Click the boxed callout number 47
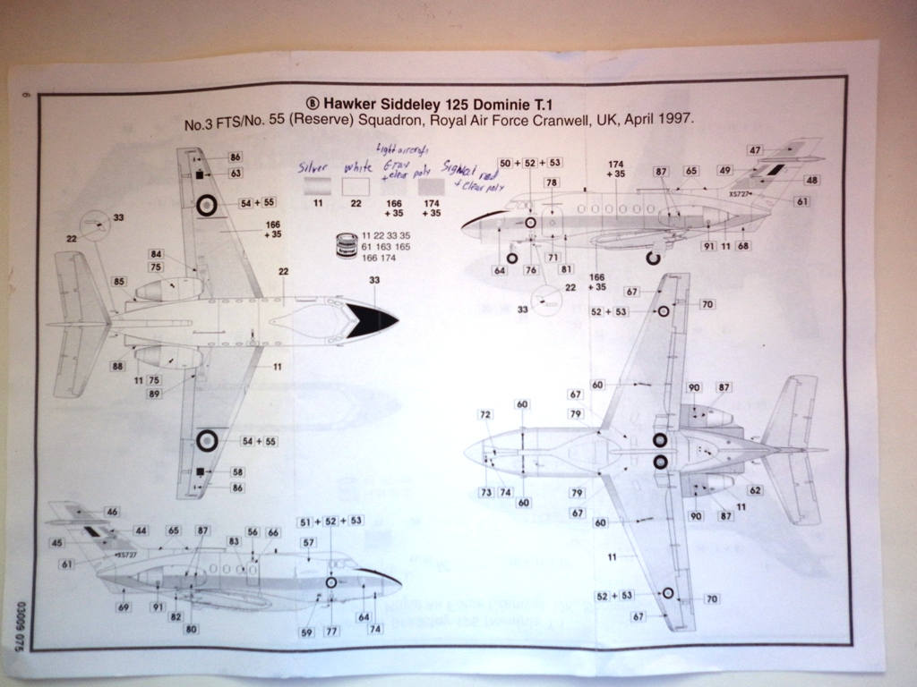tap(756, 149)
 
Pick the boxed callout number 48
tap(811, 180)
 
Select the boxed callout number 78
tap(552, 183)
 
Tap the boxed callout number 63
tap(236, 173)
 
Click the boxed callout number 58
tap(237, 471)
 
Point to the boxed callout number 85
tap(119, 283)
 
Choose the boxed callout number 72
tap(485, 415)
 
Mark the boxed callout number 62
tap(755, 490)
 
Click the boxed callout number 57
tap(308, 543)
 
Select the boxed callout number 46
tap(112, 512)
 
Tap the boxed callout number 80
tap(192, 629)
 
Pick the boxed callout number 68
tap(742, 246)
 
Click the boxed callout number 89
tap(155, 394)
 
